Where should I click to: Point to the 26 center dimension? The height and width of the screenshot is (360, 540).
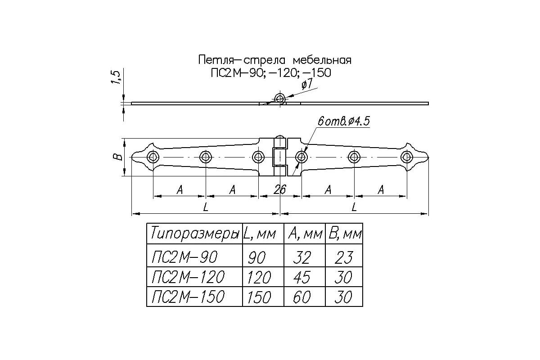pyautogui.click(x=280, y=190)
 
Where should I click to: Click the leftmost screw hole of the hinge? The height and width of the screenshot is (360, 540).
pyautogui.click(x=153, y=157)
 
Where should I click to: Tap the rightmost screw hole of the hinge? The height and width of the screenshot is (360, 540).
pyautogui.click(x=407, y=157)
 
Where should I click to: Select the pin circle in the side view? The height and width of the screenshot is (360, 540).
pyautogui.click(x=280, y=98)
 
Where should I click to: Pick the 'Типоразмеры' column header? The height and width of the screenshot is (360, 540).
pyautogui.click(x=194, y=234)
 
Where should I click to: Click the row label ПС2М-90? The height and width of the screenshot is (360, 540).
pyautogui.click(x=184, y=257)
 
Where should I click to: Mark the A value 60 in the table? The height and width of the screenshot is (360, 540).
pyautogui.click(x=301, y=297)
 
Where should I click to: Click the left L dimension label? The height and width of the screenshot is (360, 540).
pyautogui.click(x=206, y=207)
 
